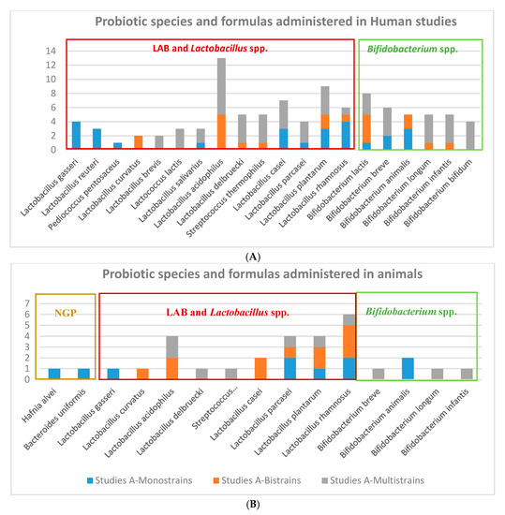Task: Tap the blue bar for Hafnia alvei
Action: pyautogui.click(x=54, y=374)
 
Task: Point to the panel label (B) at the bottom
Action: pyautogui.click(x=253, y=504)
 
